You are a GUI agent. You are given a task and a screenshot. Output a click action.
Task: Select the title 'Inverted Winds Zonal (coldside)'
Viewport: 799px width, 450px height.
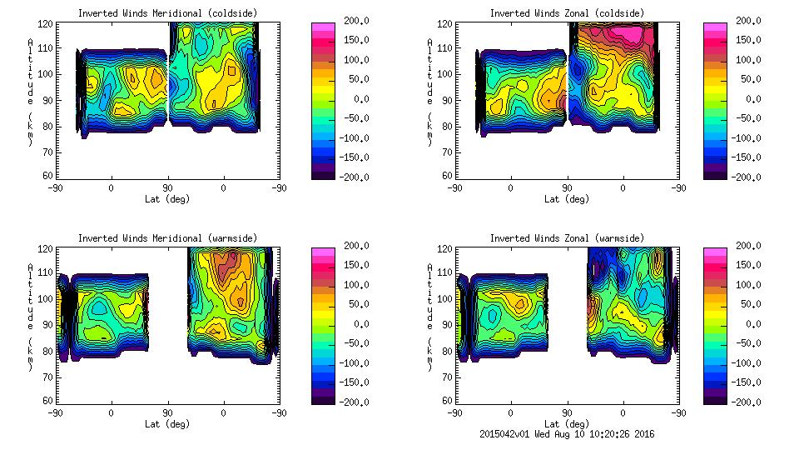click(x=566, y=12)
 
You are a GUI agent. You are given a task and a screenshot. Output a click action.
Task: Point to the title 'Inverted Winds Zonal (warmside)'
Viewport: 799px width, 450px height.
click(x=566, y=238)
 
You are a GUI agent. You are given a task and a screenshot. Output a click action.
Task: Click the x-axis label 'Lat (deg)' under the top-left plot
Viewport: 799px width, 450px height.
click(x=166, y=198)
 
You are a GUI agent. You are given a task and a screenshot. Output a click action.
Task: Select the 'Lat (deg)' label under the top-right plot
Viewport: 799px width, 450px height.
click(x=567, y=198)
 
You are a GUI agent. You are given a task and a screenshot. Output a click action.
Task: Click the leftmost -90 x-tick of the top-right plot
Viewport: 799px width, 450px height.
click(x=454, y=187)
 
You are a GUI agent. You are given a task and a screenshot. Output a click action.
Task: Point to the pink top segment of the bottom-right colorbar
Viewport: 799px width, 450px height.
click(x=715, y=251)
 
